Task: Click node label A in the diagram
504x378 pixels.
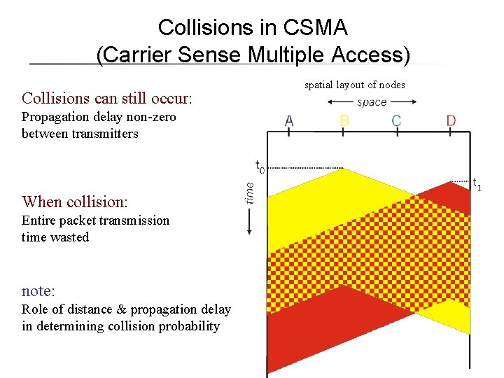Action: point(289,121)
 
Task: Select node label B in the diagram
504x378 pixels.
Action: point(344,121)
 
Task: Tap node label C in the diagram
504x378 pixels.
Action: point(396,121)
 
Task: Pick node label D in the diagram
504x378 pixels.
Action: point(451,121)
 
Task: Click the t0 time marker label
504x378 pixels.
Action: point(260,167)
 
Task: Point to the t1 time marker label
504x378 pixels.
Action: point(477,185)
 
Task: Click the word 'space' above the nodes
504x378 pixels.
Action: point(372,102)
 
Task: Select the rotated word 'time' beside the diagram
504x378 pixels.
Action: point(250,192)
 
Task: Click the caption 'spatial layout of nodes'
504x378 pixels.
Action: point(354,85)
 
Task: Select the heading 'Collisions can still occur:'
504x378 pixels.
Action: point(107,97)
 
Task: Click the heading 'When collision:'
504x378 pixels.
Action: point(75,202)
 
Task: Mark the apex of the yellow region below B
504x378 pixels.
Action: point(342,169)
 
